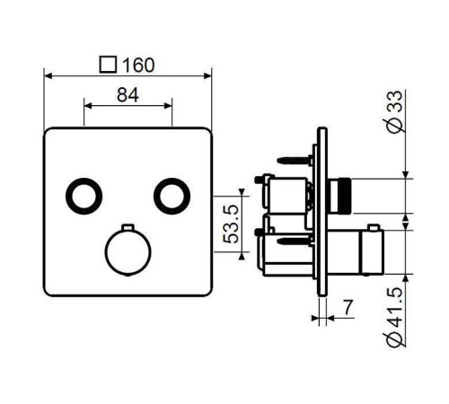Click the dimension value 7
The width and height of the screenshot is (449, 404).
347,308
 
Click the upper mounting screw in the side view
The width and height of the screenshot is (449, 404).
295,160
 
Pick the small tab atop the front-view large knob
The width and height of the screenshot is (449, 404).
127,225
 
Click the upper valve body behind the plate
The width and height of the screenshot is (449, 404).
286,193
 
